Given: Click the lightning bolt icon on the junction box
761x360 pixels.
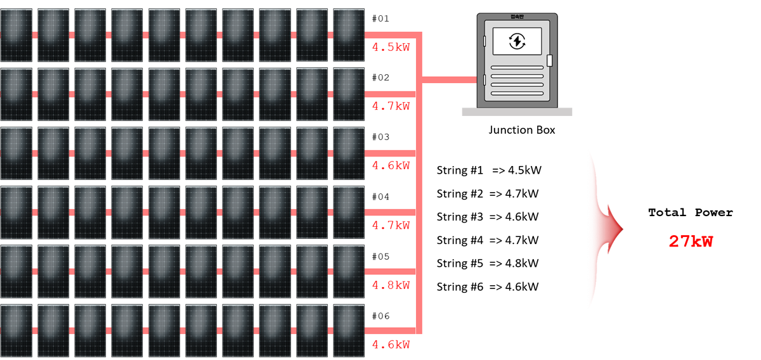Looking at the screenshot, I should [517, 41].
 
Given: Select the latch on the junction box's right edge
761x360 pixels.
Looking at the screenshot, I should [549, 60].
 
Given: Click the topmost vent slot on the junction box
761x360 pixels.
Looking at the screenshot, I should [517, 67].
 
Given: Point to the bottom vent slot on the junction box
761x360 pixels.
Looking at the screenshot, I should [517, 93].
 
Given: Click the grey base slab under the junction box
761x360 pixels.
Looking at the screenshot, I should [517, 112].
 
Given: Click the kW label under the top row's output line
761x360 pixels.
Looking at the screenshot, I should [391, 48].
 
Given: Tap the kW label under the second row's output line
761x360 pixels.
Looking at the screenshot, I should [391, 106].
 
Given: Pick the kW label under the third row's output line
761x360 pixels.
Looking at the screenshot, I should [391, 166].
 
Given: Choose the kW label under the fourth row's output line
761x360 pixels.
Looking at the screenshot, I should [391, 225].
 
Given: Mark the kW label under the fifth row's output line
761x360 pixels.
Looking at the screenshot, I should [391, 285].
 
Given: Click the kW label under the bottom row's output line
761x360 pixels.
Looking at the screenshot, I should [391, 344].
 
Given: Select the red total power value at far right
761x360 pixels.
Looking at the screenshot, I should [691, 241].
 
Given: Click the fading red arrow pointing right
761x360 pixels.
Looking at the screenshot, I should [609, 229].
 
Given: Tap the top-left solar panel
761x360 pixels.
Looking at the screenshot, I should [16, 35].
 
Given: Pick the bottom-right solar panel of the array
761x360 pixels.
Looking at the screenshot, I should [349, 330].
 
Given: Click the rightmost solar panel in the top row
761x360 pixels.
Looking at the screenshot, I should [349, 35].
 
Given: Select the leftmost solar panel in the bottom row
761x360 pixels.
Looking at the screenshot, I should [16, 330].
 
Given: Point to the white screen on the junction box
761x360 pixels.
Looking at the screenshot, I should [517, 41].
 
